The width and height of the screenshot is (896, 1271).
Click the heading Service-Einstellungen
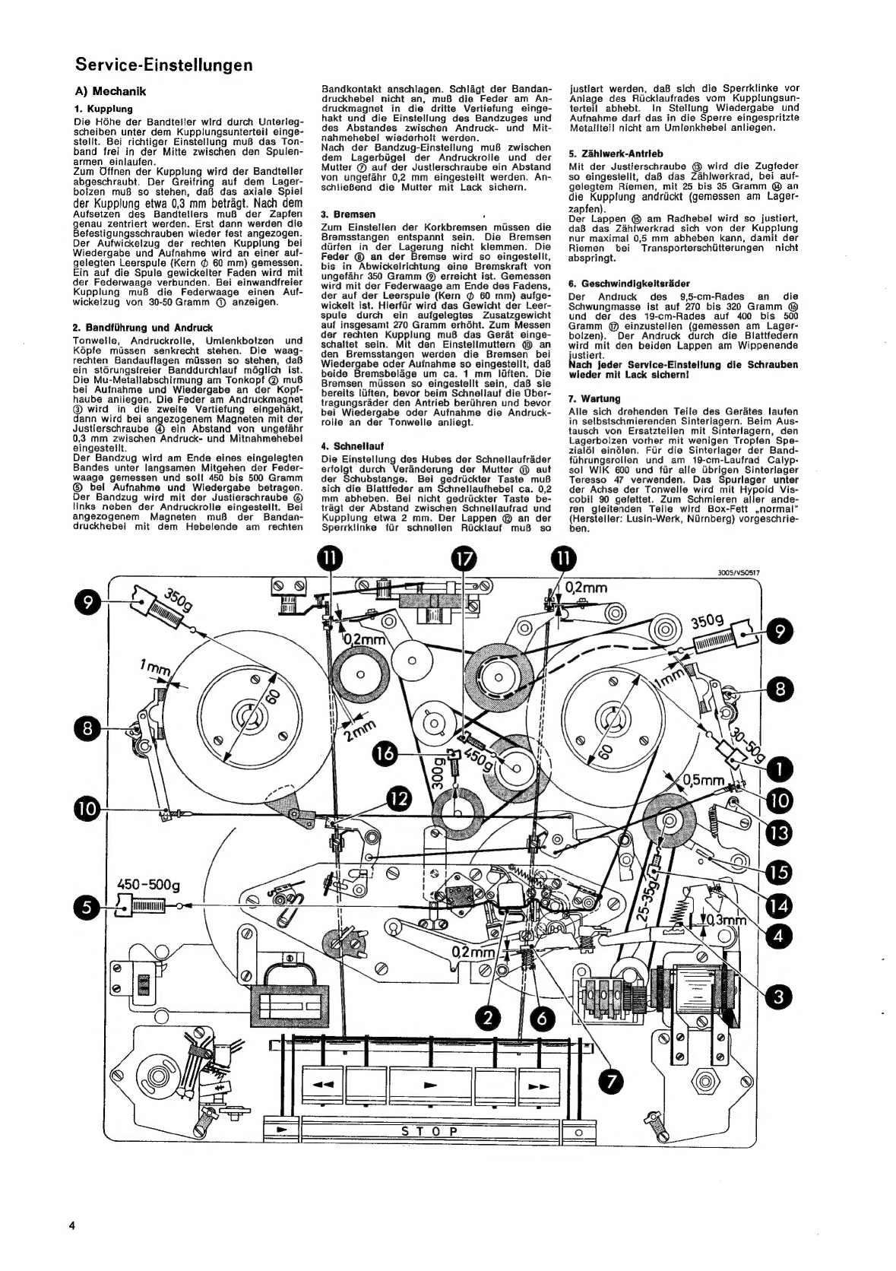click(x=164, y=65)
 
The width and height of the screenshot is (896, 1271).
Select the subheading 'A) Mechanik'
click(x=111, y=91)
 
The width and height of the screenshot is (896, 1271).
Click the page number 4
click(x=72, y=1225)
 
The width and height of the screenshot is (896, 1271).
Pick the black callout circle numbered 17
click(x=464, y=559)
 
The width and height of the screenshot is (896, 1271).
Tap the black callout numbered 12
click(x=399, y=800)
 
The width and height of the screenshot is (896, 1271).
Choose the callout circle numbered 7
click(x=610, y=1082)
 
